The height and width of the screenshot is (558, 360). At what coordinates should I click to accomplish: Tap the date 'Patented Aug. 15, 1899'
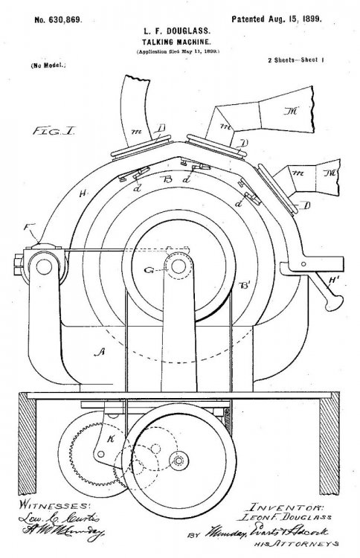[x=277, y=16]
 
